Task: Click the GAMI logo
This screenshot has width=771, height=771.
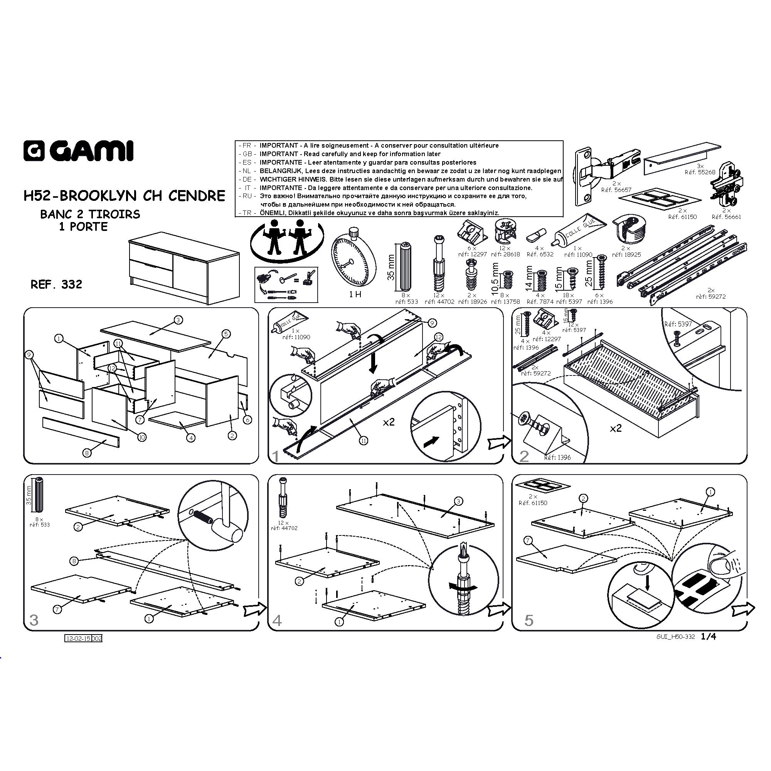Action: [78, 151]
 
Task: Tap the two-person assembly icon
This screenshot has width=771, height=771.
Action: [287, 239]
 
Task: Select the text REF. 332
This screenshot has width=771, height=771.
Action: [56, 284]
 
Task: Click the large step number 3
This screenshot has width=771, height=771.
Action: [34, 620]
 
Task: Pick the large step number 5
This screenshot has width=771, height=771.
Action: [529, 620]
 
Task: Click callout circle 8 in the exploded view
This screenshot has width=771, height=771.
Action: [87, 453]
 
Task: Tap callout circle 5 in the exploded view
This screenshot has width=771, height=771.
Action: [226, 333]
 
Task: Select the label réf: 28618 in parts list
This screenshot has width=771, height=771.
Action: [506, 254]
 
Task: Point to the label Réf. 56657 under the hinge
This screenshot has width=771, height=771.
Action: [616, 190]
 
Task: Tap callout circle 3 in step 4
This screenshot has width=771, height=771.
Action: [458, 501]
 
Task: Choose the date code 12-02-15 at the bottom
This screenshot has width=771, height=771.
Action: [79, 638]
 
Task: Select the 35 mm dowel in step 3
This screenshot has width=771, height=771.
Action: [39, 494]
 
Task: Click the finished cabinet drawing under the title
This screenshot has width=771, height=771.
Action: [184, 268]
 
